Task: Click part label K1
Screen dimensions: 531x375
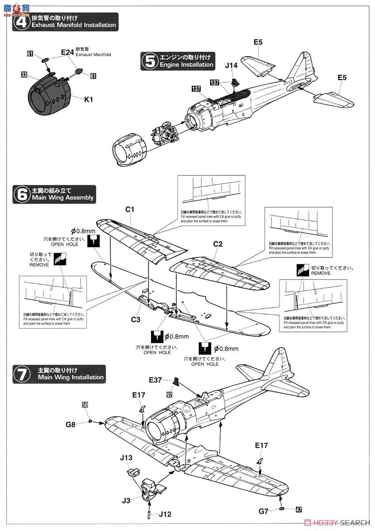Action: coord(89,100)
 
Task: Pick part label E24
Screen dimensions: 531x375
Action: coord(67,52)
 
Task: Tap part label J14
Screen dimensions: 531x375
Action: coord(231,65)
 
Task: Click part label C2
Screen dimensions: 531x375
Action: coord(217,243)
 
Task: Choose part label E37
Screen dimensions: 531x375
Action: coord(156,380)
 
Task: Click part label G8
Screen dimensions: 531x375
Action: coord(71,424)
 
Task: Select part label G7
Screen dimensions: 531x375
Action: coord(264,511)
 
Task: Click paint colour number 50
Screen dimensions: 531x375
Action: coord(85,405)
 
